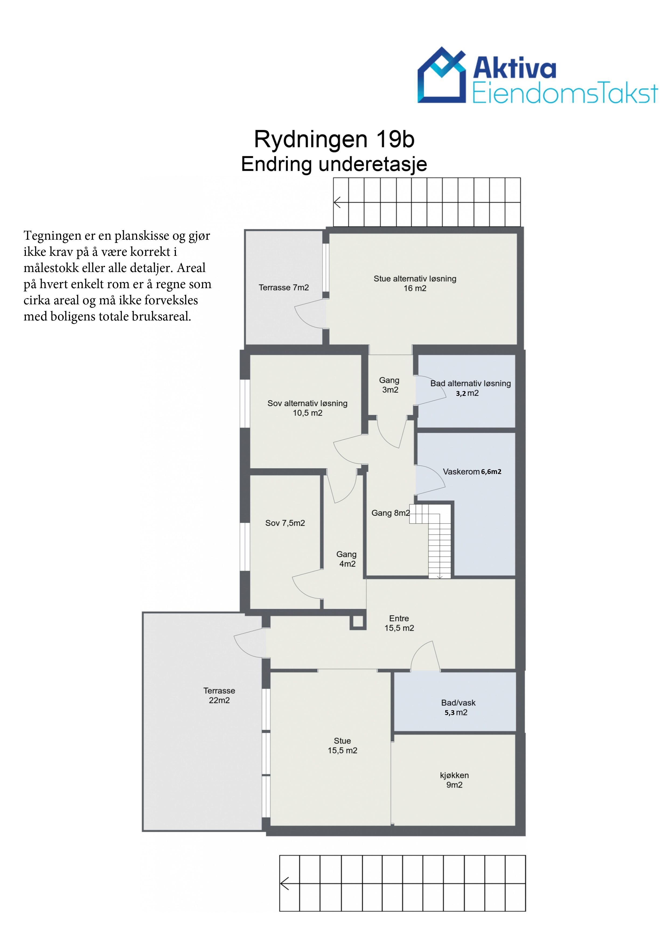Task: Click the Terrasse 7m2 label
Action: [284, 287]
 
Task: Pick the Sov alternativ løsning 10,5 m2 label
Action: [307, 408]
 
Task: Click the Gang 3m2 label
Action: [389, 385]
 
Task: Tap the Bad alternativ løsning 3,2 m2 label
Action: [471, 388]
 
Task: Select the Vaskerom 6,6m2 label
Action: [472, 472]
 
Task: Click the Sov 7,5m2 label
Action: [285, 523]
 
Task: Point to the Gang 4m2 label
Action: [347, 559]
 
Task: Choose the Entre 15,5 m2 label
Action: [399, 623]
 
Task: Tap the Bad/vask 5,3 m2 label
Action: [458, 707]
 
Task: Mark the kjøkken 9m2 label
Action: [454, 780]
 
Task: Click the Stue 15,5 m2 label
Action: [342, 745]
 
